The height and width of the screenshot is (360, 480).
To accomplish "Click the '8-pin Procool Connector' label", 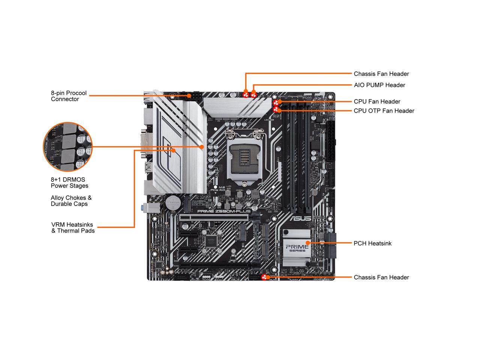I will point(69,96).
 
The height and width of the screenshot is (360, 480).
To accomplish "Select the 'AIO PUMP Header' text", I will point(379,85).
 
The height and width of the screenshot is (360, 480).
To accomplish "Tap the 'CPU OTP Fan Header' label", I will point(384,111).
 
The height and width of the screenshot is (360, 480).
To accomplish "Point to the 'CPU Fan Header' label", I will point(377,102).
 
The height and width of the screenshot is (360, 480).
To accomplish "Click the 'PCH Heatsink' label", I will point(372,243).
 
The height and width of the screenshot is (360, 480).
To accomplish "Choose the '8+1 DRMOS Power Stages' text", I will point(70,183).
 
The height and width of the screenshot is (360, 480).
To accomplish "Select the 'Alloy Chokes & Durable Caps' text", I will point(71,201).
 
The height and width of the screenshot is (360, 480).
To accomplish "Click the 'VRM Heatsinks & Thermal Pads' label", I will point(73,228).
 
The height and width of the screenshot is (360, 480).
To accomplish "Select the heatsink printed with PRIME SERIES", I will point(297,247).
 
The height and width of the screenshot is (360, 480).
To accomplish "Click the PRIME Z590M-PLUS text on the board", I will point(224,211).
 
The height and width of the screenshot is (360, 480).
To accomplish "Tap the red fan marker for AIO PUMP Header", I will point(254,94).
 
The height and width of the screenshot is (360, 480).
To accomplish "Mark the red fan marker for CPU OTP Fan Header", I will point(277,109).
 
